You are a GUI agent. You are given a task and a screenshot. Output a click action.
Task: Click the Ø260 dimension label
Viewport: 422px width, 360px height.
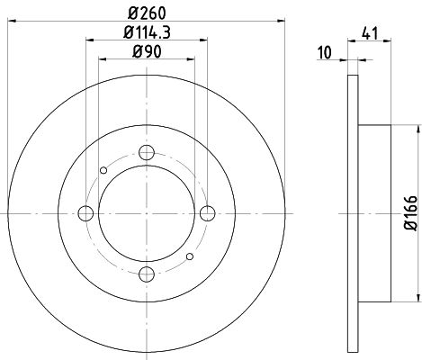tap(147, 13)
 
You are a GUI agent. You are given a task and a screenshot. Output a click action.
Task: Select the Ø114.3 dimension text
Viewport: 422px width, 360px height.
tap(147, 32)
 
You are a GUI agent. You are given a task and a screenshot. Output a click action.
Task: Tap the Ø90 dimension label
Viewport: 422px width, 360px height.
tap(147, 51)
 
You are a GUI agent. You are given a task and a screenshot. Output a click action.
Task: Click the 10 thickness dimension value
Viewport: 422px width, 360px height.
tap(325, 52)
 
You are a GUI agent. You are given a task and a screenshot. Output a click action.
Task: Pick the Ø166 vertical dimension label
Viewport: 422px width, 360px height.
tap(410, 213)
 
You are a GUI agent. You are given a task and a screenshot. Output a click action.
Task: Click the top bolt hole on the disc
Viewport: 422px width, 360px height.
tap(147, 152)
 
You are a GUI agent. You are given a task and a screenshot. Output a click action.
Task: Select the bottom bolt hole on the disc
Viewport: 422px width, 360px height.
tap(147, 274)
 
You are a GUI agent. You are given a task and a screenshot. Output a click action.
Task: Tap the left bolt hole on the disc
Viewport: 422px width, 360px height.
tap(85, 213)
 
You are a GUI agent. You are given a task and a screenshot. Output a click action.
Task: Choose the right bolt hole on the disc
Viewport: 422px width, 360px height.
tap(208, 213)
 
